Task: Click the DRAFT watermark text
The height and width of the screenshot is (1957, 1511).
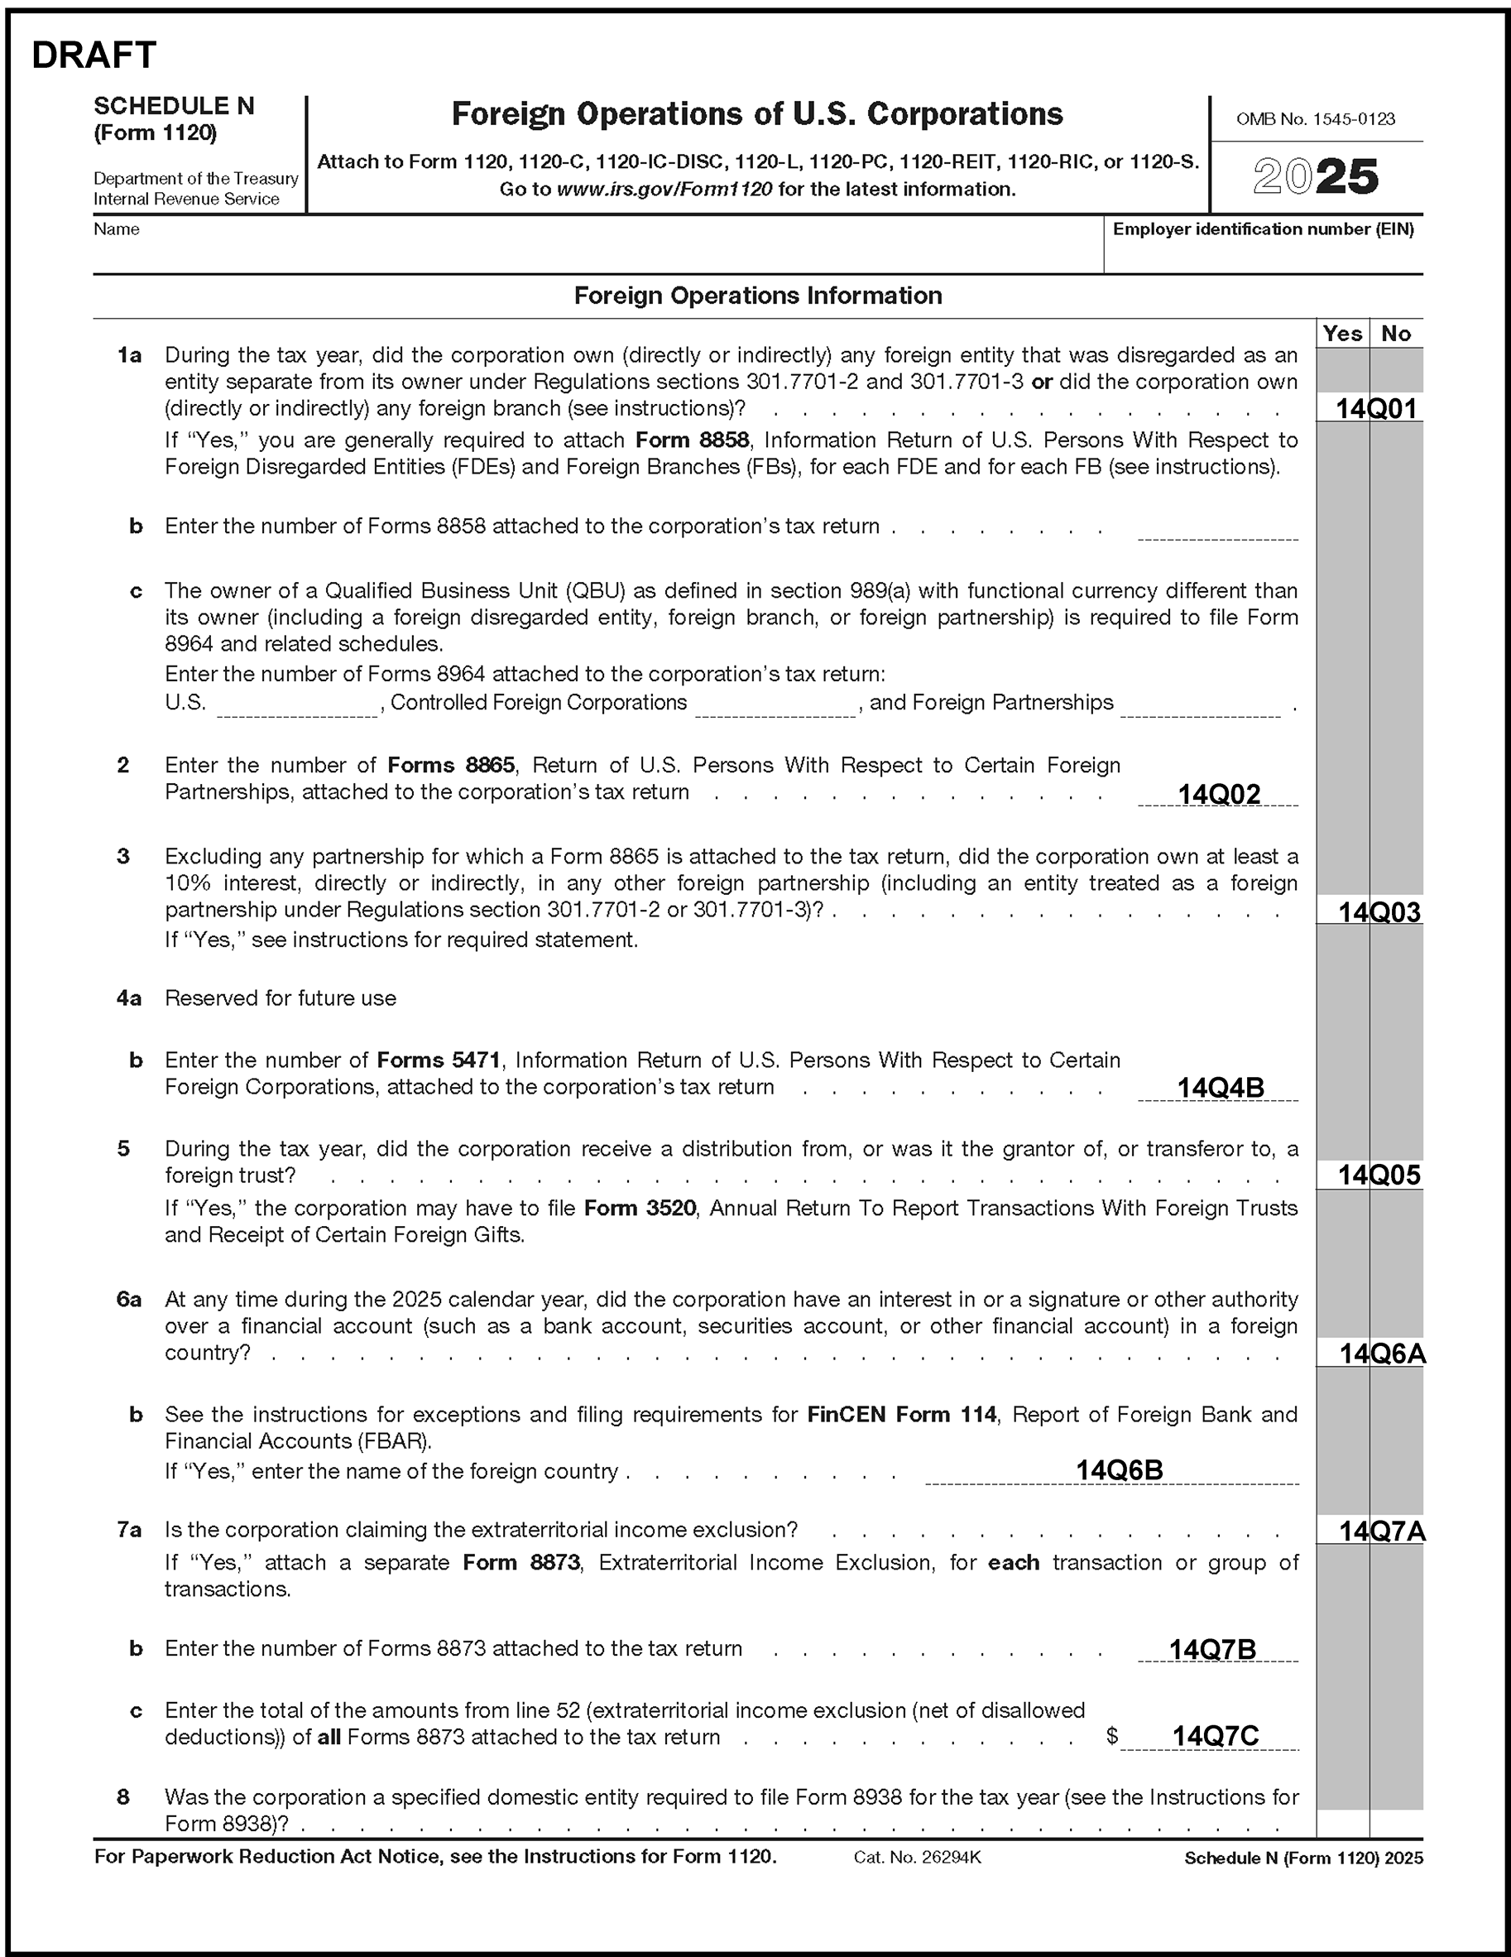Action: tap(94, 55)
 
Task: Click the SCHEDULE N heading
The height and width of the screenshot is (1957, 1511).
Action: tap(174, 106)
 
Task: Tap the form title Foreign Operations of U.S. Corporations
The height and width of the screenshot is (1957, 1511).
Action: tap(757, 113)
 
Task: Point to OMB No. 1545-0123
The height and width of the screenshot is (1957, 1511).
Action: tap(1315, 119)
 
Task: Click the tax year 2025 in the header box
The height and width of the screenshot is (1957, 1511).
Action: tap(1315, 176)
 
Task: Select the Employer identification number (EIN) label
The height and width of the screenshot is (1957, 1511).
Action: tap(1263, 229)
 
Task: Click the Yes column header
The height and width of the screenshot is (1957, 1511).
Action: tap(1341, 334)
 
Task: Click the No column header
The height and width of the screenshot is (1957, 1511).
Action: tap(1395, 334)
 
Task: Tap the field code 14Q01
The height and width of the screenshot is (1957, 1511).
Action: tap(1377, 409)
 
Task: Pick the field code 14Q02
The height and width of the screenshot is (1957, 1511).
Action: tap(1218, 794)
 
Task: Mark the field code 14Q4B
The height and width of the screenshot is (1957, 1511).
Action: tap(1220, 1088)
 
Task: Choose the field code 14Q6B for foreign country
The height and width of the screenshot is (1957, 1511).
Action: tap(1119, 1469)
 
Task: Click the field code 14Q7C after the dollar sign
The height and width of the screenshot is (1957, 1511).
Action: tap(1216, 1737)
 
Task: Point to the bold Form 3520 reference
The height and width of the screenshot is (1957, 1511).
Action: tap(640, 1208)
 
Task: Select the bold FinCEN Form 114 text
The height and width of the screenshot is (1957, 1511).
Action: tap(901, 1414)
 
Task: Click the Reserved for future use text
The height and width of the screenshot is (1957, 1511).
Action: tap(281, 998)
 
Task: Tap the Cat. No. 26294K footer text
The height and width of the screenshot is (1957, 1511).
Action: tap(917, 1858)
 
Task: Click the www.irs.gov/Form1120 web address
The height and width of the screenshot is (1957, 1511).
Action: tap(664, 189)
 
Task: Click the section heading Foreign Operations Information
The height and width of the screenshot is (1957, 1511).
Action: tap(758, 296)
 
